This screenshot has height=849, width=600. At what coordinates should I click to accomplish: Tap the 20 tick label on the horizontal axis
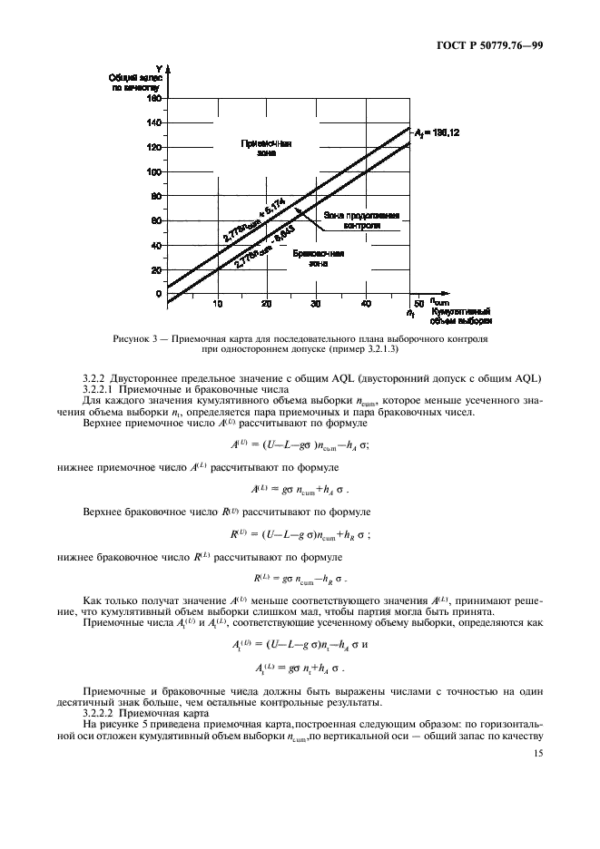tap(267, 303)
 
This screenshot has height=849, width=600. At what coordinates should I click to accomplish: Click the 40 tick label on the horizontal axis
tap(367, 303)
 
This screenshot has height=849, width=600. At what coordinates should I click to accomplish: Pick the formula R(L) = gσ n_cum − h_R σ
tap(300, 578)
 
